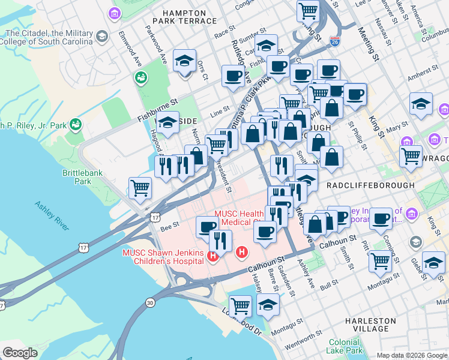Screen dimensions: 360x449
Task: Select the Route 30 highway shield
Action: coord(150,302)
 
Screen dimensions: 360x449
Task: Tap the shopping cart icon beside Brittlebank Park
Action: coord(140,187)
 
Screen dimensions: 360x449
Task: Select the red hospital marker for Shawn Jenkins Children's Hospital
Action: coord(212,257)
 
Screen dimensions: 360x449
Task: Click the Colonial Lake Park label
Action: coord(345,346)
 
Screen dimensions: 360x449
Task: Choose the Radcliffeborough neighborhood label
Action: coord(370,185)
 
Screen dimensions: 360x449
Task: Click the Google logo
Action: coord(20,353)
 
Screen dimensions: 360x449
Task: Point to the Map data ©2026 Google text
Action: coord(412,355)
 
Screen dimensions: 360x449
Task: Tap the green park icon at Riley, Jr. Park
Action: coord(76,125)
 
